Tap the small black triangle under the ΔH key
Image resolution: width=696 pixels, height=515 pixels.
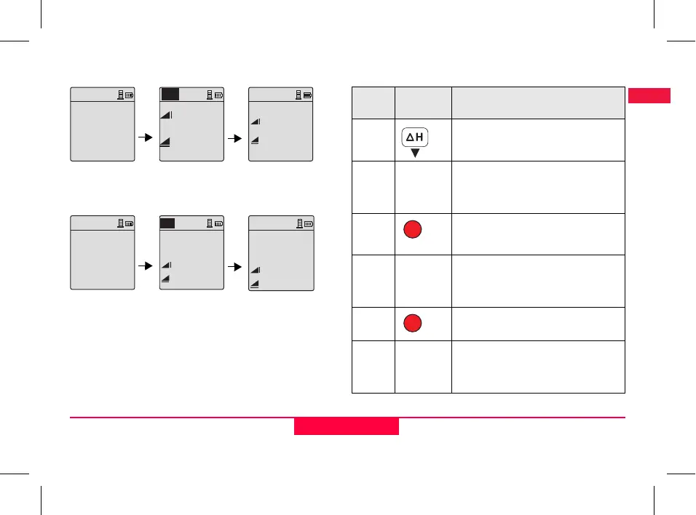click(415, 153)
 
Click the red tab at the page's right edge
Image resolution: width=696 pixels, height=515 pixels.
click(649, 95)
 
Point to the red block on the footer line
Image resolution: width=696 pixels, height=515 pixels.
click(347, 426)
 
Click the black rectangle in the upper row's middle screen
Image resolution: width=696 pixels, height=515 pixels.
click(170, 94)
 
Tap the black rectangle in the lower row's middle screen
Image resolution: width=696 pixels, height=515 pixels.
click(167, 223)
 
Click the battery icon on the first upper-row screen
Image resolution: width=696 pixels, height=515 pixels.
click(129, 95)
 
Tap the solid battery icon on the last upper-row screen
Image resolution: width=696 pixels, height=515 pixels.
click(307, 95)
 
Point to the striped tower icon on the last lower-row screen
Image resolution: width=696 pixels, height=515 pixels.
click(298, 223)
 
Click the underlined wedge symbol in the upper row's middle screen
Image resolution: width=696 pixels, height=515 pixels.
click(165, 143)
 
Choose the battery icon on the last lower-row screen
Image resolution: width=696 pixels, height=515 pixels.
click(308, 223)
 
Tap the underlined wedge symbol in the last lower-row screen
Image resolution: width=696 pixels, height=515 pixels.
click(256, 283)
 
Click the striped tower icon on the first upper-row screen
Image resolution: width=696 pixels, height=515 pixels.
click(120, 95)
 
